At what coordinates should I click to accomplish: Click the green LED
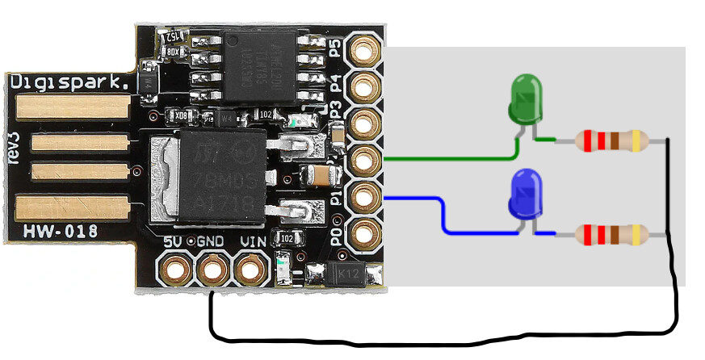pyautogui.click(x=526, y=99)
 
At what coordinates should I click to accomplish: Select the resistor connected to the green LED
pyautogui.click(x=611, y=141)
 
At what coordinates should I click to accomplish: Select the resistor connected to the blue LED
pyautogui.click(x=611, y=235)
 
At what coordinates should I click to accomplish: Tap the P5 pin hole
pyautogui.click(x=366, y=50)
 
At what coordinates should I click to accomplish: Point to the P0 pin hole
pyautogui.click(x=366, y=232)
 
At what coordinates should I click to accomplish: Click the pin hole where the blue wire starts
pyautogui.click(x=366, y=196)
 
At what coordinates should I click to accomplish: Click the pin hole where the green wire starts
pyautogui.click(x=366, y=159)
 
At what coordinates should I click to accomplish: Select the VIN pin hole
pyautogui.click(x=250, y=268)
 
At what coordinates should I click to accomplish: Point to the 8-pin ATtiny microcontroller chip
pyautogui.click(x=251, y=68)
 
